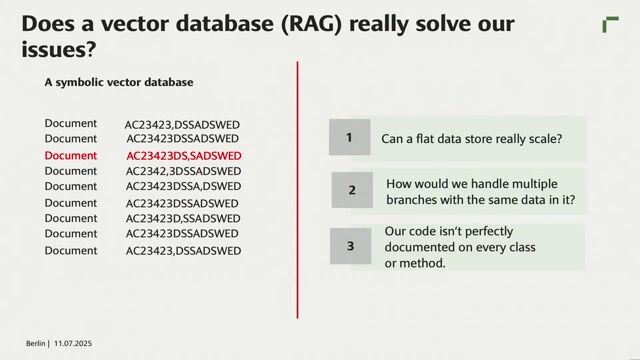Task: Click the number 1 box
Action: [x=349, y=138]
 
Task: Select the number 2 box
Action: [x=351, y=190]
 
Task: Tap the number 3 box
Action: [x=350, y=246]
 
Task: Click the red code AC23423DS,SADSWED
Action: [x=184, y=156]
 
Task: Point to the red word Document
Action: [x=71, y=156]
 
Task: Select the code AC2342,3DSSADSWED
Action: [x=183, y=171]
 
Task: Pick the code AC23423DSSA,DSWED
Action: [x=183, y=187]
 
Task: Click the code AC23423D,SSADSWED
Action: [x=183, y=219]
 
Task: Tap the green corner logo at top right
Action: [x=610, y=25]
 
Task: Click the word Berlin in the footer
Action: [x=37, y=342]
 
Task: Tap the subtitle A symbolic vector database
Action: [x=118, y=83]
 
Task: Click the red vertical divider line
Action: [x=298, y=190]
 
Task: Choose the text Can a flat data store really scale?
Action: [x=471, y=139]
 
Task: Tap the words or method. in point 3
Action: [x=415, y=263]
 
